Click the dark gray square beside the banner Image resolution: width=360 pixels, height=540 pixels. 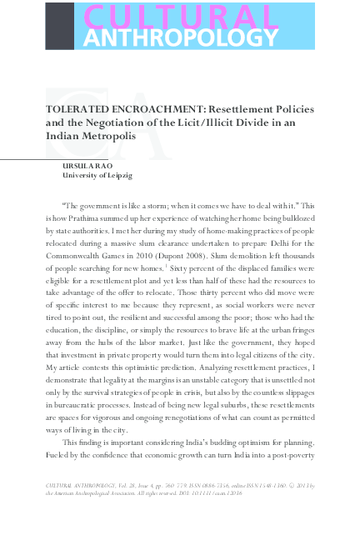coord(59,25)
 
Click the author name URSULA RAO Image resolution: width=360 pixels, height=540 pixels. coord(85,166)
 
